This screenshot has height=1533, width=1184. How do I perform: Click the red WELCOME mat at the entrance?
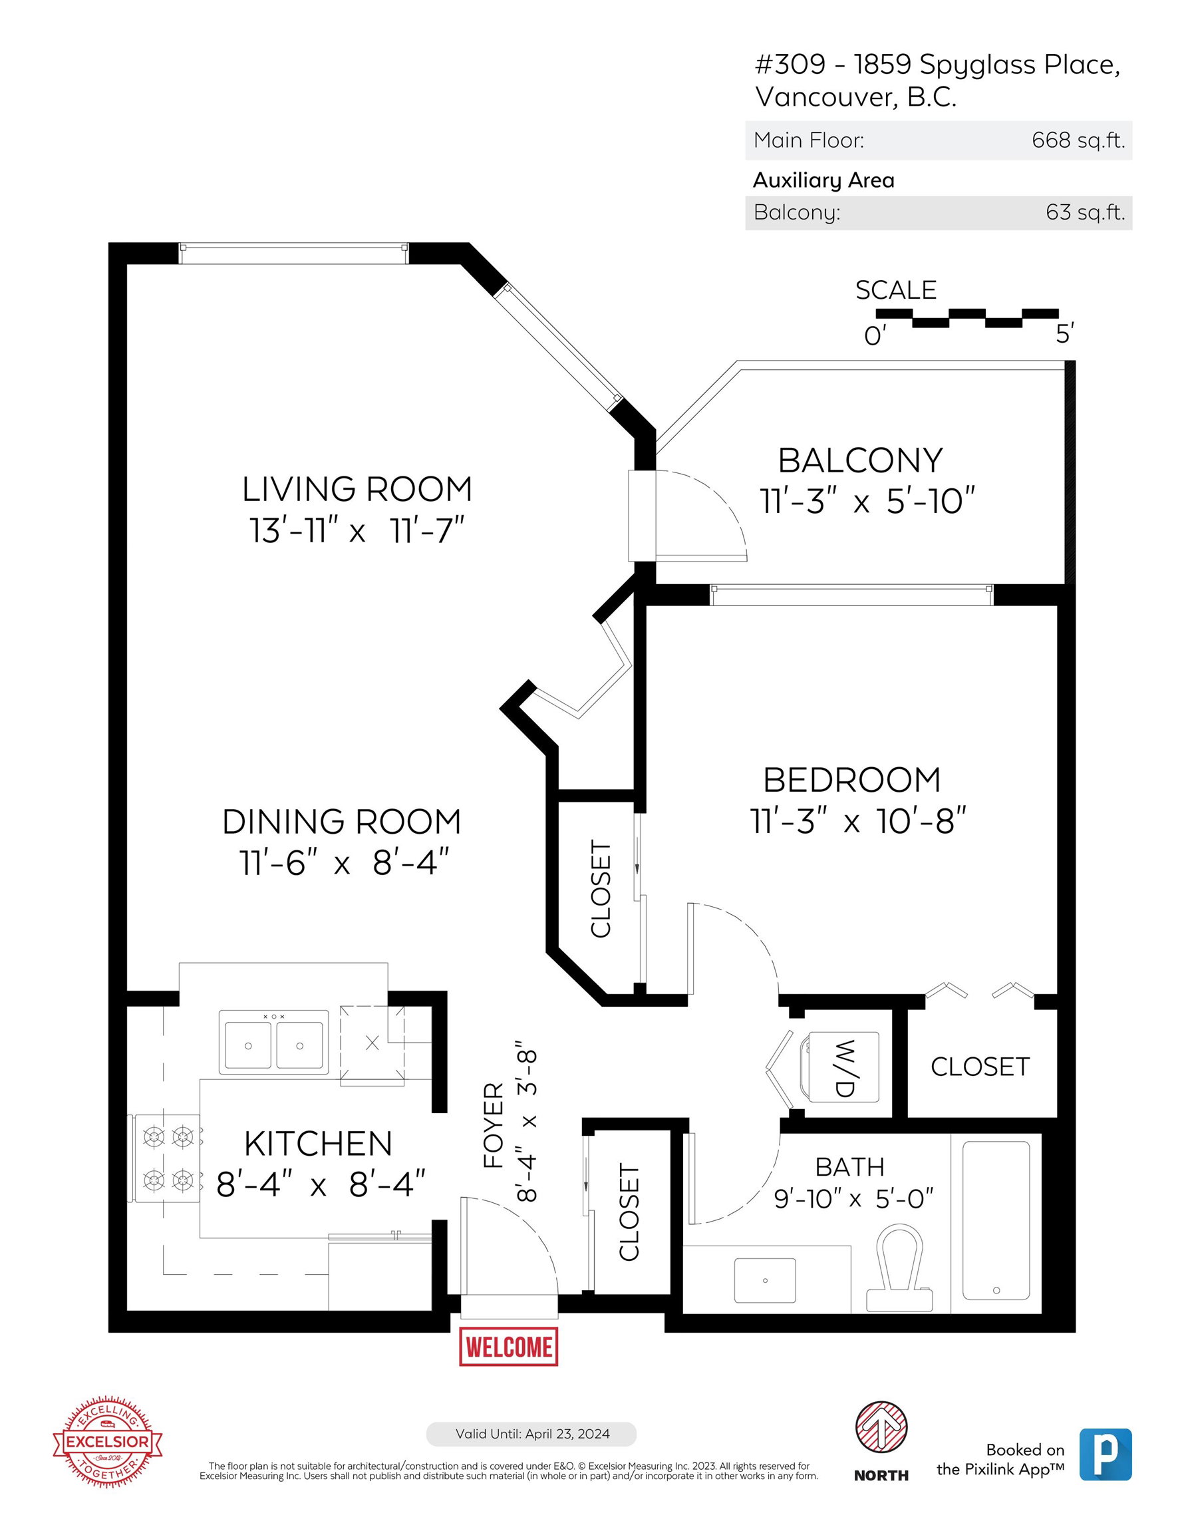(x=508, y=1346)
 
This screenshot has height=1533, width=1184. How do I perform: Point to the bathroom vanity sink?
(x=765, y=1280)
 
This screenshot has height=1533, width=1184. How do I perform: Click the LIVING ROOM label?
(x=357, y=489)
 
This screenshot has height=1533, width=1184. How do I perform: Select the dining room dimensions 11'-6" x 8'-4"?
(x=344, y=863)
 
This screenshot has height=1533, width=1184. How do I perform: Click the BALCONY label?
(x=861, y=460)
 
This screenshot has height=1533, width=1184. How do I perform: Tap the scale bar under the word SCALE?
(x=967, y=318)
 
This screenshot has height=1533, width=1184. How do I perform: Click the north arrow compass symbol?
(x=881, y=1429)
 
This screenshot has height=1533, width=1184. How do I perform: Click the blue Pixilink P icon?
(x=1106, y=1454)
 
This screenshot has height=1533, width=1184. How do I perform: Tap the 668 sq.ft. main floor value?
(x=1078, y=140)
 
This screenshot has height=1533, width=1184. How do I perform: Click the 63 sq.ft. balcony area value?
(x=1085, y=212)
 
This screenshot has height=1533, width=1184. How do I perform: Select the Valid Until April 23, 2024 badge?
(x=531, y=1434)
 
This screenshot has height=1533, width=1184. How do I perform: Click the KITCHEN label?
(x=318, y=1144)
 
